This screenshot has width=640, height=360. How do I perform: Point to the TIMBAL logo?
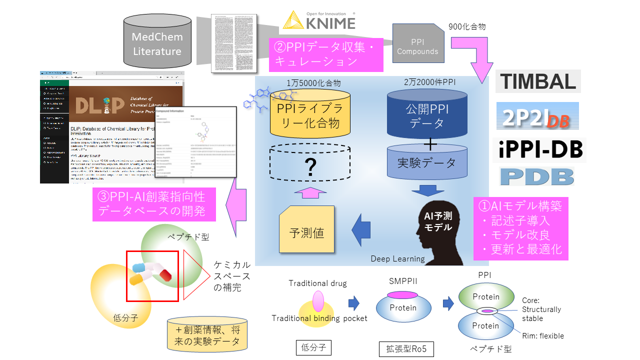pyautogui.click(x=538, y=81)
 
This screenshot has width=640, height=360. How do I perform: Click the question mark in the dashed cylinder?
pyautogui.click(x=310, y=168)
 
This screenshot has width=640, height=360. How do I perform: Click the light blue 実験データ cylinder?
pyautogui.click(x=427, y=162)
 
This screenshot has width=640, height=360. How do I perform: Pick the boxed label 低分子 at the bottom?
pyautogui.click(x=313, y=346)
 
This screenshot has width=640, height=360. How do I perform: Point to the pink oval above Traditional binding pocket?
pyautogui.click(x=318, y=301)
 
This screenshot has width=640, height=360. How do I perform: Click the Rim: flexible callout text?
pyautogui.click(x=543, y=336)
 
